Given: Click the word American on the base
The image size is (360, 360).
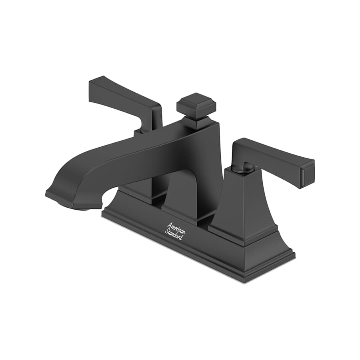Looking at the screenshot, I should (176, 227).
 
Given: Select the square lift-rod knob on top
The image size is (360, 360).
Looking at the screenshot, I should (196, 104).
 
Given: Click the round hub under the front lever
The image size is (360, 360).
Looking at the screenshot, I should (242, 167).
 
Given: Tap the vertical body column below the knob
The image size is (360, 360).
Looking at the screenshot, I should (210, 160).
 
